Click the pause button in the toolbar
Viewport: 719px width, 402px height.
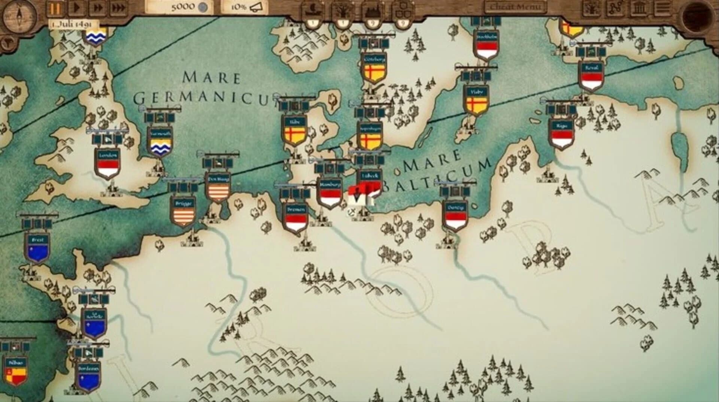(55, 8)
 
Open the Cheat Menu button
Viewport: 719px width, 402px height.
(515, 7)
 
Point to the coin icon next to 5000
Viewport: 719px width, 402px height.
(203, 7)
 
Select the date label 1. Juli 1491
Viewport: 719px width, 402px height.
(73, 24)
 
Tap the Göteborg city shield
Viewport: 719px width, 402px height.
(374, 70)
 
